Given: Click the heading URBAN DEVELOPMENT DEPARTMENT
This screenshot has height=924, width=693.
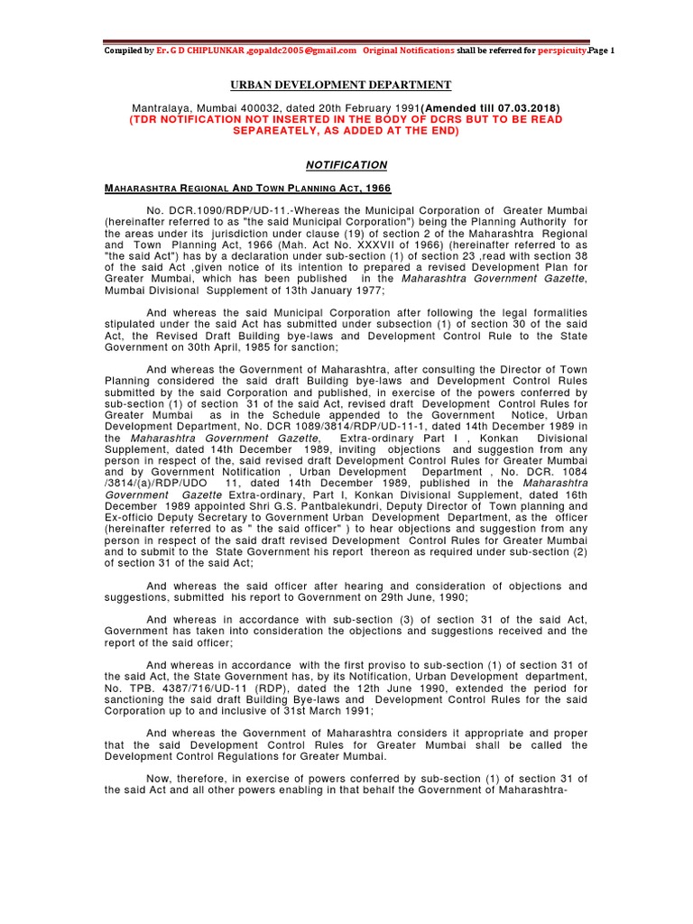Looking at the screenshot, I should [340, 85].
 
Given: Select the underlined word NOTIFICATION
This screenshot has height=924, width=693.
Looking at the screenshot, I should [346, 165].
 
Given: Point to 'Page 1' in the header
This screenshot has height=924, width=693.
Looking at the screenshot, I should [600, 51].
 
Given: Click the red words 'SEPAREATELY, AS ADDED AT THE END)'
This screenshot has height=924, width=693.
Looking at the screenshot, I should [346, 131].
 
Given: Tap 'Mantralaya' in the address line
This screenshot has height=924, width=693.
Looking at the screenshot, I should [162, 108].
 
